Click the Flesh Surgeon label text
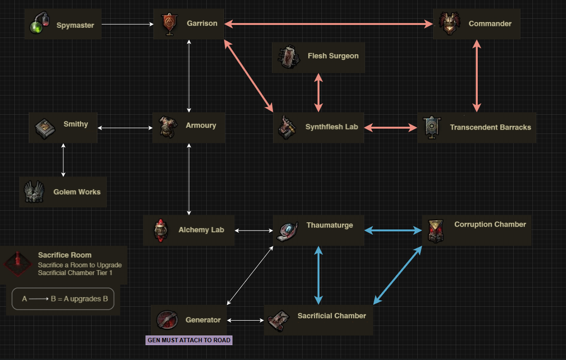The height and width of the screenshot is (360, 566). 333,56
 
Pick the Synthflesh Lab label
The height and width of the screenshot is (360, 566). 331,127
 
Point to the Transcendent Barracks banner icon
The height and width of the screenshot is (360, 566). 432,128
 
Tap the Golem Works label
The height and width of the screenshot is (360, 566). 77,192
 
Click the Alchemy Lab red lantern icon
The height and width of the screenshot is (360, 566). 160,230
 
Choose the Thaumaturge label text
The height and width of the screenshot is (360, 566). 330,225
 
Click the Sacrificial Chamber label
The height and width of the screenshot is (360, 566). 331,316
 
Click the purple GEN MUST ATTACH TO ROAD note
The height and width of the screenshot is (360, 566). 189,340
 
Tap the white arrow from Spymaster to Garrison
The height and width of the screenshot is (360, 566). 127,24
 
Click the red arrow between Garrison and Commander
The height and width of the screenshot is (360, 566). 329,24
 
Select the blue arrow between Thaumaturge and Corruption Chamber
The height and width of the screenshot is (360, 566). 393,231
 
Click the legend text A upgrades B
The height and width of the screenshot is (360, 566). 65,299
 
